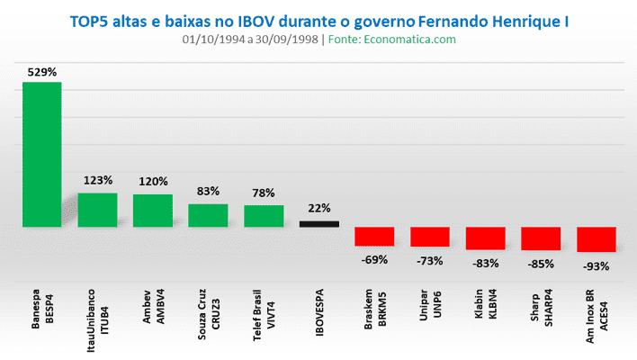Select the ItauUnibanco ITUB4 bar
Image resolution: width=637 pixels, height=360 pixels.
[x=97, y=209]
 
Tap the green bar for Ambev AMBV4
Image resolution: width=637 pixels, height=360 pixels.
[x=153, y=210]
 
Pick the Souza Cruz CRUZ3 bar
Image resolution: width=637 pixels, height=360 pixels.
[x=208, y=215]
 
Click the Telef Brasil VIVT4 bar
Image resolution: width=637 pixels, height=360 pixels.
[x=264, y=216]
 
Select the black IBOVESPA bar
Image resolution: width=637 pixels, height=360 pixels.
[x=319, y=224]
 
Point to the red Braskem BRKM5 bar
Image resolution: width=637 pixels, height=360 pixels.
[x=374, y=236]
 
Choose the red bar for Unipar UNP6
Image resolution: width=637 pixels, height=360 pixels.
[x=430, y=237]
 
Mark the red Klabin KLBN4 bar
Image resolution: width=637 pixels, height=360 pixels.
[x=485, y=238]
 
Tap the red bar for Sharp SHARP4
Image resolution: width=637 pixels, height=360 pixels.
[x=541, y=238]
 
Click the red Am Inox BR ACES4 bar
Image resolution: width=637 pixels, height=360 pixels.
[x=596, y=239]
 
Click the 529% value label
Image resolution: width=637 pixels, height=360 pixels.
[x=42, y=71]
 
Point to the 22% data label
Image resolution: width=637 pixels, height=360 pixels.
[x=319, y=208]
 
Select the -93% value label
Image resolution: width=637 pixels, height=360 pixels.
[x=596, y=266]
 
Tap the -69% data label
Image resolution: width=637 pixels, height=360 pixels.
[x=374, y=260]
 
